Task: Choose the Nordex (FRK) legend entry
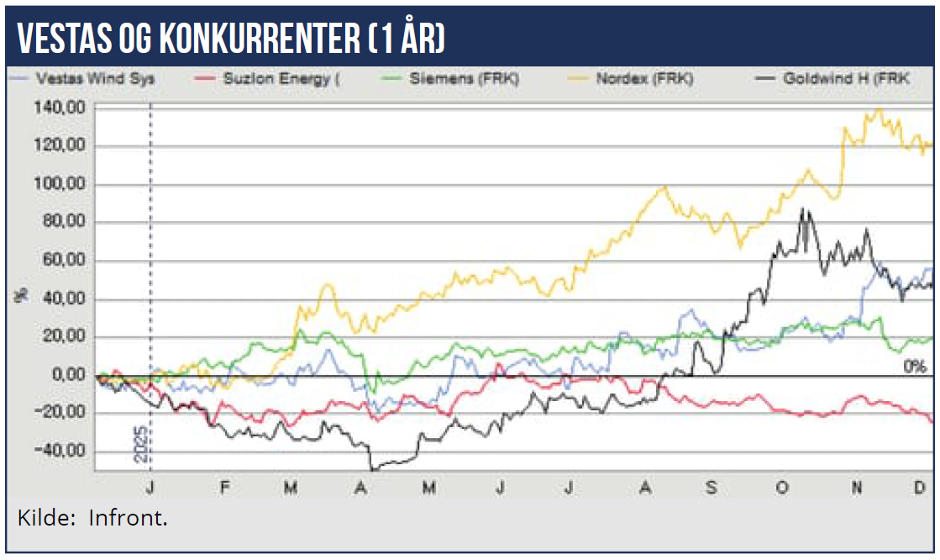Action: pos(641,79)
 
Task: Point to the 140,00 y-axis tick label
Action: pos(62,108)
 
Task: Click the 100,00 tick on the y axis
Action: pos(62,184)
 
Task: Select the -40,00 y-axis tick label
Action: pos(62,451)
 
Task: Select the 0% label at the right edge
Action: pos(914,367)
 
